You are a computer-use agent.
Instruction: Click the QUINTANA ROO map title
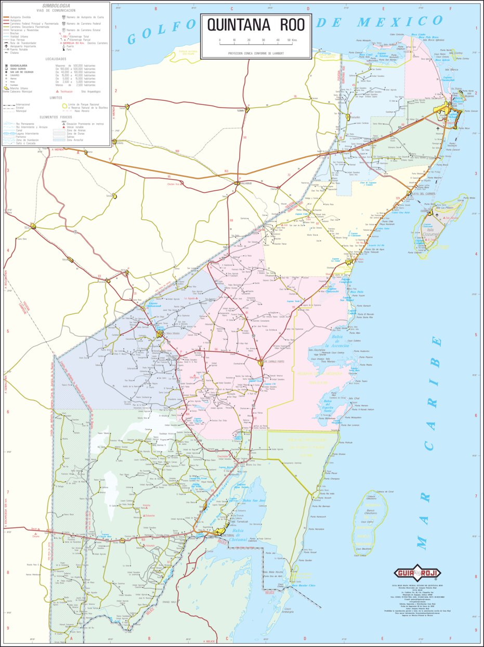pyautogui.click(x=255, y=25)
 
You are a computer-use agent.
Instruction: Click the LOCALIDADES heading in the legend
pyautogui.click(x=56, y=59)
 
